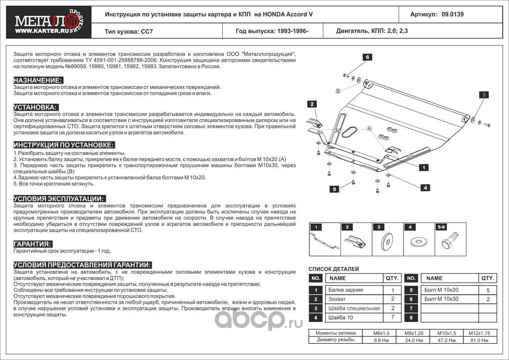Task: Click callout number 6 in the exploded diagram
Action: [x=367, y=57]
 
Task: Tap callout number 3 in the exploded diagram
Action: [x=483, y=94]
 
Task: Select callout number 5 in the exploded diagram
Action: [x=334, y=189]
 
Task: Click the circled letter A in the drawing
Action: [x=369, y=129]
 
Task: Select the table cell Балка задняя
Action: [x=346, y=290]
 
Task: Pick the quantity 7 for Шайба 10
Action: [x=392, y=318]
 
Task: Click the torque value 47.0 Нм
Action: [x=444, y=340]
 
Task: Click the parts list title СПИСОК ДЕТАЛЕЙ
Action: [x=333, y=269]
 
